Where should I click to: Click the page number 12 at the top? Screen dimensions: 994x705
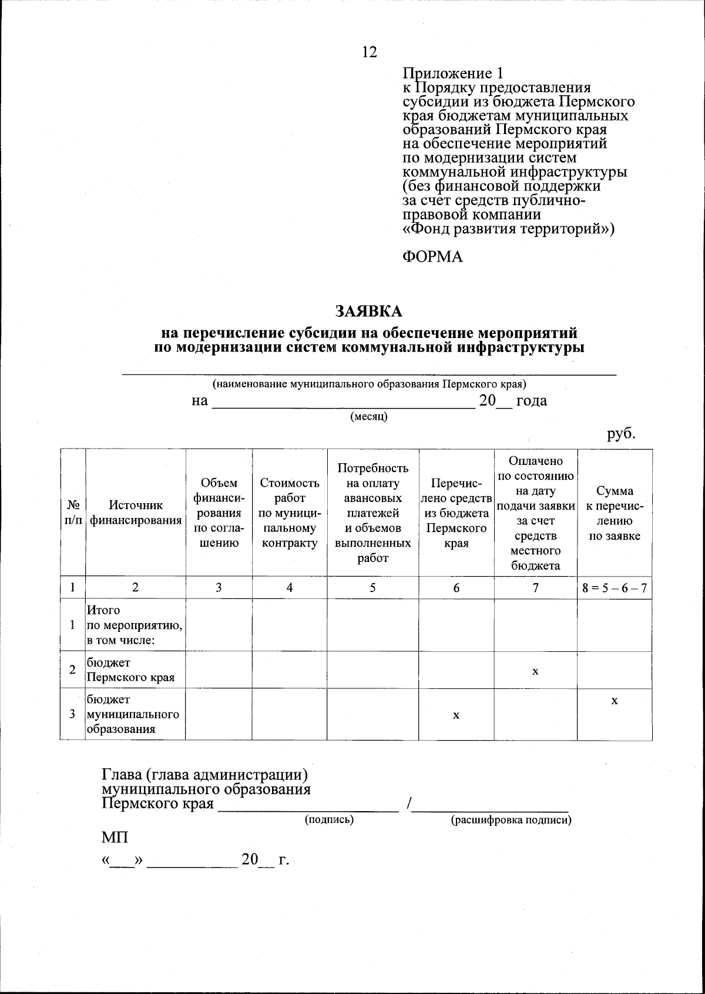[x=370, y=52]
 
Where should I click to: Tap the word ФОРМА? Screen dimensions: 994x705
[x=432, y=257]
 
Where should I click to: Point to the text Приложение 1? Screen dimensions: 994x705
[x=453, y=73]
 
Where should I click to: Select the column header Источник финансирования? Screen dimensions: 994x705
[x=136, y=513]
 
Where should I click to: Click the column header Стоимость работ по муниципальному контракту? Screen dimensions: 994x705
[x=290, y=513]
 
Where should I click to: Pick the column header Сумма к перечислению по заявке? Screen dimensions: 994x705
[x=615, y=513]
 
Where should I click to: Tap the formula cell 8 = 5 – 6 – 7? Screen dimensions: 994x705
[x=615, y=587]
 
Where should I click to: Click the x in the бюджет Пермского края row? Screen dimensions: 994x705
[x=535, y=670]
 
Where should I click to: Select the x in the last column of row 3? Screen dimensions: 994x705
[x=615, y=701]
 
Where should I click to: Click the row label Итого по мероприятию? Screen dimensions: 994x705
[x=135, y=625]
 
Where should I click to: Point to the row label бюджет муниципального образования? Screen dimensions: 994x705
[x=133, y=714]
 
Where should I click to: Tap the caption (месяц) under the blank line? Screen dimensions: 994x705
[x=369, y=417]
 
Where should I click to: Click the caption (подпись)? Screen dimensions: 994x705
[x=329, y=819]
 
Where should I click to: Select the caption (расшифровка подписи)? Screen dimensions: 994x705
[x=511, y=820]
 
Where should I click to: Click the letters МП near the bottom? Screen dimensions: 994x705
[x=115, y=837]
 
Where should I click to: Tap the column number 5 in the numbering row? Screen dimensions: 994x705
[x=372, y=587]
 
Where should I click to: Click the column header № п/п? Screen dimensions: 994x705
[x=73, y=513]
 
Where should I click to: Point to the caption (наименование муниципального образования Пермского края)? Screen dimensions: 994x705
[x=369, y=384]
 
